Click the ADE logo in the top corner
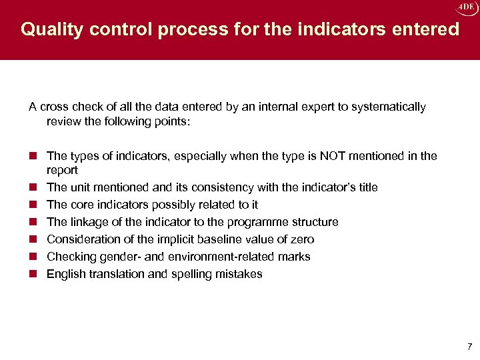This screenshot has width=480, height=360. tap(465, 7)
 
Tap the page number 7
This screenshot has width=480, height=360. tap(470, 346)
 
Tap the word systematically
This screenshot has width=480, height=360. tap(389, 107)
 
